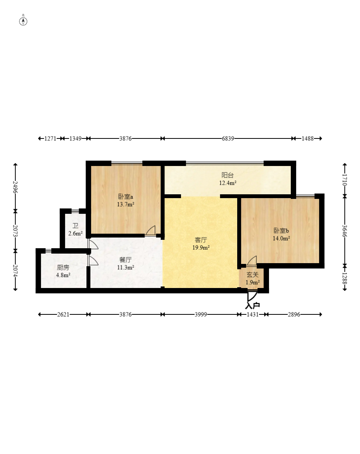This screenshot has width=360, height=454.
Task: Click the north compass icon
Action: (23, 21)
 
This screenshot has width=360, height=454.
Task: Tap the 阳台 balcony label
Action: (228, 175)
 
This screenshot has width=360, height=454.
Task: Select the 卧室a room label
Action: (125, 197)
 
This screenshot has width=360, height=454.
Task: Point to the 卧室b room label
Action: (281, 231)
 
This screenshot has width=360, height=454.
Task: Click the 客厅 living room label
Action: (201, 240)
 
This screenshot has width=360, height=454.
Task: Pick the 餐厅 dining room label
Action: (125, 260)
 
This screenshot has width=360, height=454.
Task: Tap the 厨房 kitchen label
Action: (63, 267)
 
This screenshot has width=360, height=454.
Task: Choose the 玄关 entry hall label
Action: (252, 275)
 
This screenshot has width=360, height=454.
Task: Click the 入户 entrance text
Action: (252, 306)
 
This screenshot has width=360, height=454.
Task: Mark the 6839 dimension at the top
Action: (228, 138)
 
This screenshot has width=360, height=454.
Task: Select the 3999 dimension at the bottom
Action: (201, 314)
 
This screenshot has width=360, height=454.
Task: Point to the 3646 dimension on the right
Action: (345, 231)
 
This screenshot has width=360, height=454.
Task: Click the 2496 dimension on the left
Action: (15, 187)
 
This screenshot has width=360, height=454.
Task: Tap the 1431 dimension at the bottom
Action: (252, 314)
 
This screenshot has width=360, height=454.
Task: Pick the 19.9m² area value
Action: (201, 247)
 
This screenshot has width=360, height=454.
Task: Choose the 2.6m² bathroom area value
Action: (75, 233)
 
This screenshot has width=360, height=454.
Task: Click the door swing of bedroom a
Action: (151, 231)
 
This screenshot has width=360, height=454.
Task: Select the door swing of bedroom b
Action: (252, 261)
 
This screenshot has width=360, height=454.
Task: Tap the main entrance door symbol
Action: (252, 296)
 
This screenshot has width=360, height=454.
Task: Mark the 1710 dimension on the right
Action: (345, 180)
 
